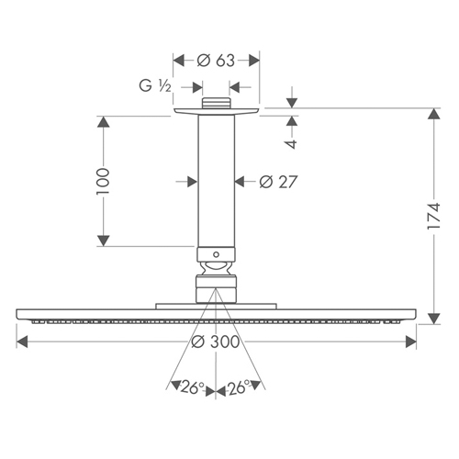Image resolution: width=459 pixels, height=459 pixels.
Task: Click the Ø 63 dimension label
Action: point(216,61)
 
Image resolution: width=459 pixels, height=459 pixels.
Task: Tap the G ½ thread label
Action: point(155,85)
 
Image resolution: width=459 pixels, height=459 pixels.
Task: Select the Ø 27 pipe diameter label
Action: point(278,182)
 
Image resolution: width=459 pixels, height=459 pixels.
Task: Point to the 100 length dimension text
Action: point(103,181)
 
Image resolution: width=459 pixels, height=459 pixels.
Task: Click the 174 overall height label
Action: point(433,216)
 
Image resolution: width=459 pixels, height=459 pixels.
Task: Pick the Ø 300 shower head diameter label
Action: point(216,341)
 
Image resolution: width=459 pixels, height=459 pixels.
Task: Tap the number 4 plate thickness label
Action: point(292,144)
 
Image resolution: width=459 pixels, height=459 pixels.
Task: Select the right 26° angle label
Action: point(239,387)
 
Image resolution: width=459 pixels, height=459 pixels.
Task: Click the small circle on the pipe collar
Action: point(216,254)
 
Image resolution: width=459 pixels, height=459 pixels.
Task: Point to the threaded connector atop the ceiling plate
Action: point(216,103)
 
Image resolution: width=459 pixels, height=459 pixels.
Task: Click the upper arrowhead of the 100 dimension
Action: point(104,122)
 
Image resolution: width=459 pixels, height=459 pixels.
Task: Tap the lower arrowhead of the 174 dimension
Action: point(434,319)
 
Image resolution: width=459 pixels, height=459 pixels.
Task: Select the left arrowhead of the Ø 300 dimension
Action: point(22,341)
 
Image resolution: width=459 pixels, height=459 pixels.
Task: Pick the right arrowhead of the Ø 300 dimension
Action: point(410,341)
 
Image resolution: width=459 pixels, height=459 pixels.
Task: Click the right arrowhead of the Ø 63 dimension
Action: point(254,61)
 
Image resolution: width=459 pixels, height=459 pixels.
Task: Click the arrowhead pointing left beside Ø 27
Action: point(241,182)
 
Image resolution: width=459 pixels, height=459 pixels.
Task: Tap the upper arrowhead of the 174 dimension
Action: point(434,114)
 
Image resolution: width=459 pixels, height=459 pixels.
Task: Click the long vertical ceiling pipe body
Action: point(216,181)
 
